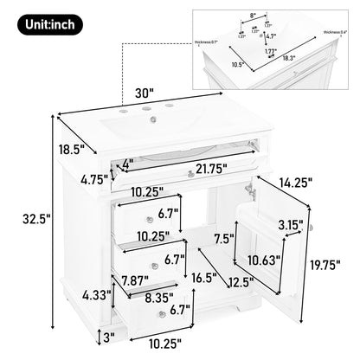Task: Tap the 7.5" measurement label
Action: [223, 237]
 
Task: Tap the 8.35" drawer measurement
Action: [135, 295]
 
